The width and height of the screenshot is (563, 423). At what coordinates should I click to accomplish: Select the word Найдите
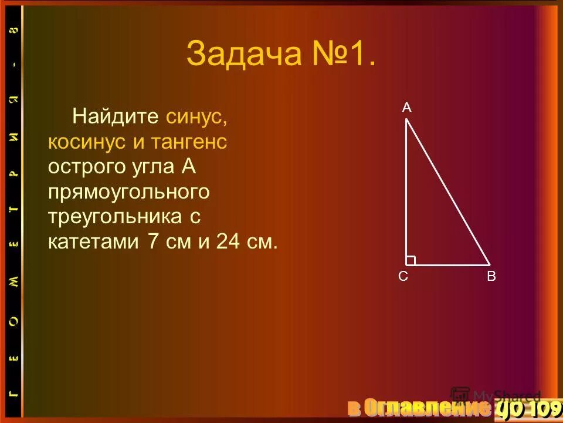pos(116,116)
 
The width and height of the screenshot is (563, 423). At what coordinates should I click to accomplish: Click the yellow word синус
pos(196,116)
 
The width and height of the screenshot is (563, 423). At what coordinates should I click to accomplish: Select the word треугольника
pos(117,217)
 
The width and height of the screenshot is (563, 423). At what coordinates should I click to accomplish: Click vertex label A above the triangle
pos(406,108)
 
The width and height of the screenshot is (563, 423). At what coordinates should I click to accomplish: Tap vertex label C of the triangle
pos(403,277)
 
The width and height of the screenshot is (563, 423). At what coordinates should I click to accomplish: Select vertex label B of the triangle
pos(491,277)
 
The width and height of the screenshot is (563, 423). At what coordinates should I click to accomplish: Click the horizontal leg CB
pos(449,265)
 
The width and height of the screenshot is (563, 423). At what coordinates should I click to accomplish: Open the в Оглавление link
pos(418,407)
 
